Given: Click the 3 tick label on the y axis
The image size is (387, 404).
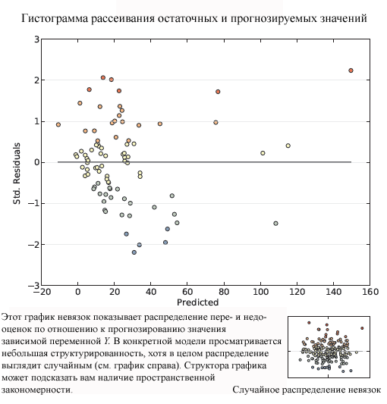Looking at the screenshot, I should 36,39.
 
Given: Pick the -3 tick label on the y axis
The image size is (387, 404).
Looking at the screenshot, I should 34,285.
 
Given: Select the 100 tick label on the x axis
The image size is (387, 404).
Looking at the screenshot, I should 260,292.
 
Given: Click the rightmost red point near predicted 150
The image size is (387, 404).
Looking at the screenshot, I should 351,70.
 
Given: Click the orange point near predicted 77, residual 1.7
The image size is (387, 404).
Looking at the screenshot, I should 218,92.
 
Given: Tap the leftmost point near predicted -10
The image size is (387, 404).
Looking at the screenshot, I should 58,124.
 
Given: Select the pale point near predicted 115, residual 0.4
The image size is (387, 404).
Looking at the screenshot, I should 288,146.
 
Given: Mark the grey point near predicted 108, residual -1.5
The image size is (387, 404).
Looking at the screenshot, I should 275,224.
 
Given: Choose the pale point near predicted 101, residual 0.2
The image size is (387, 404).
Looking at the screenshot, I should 263,153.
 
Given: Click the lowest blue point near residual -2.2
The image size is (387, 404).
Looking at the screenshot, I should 134,252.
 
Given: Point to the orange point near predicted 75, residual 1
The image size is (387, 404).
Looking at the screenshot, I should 216,122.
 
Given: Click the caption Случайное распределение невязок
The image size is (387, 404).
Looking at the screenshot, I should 307,390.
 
